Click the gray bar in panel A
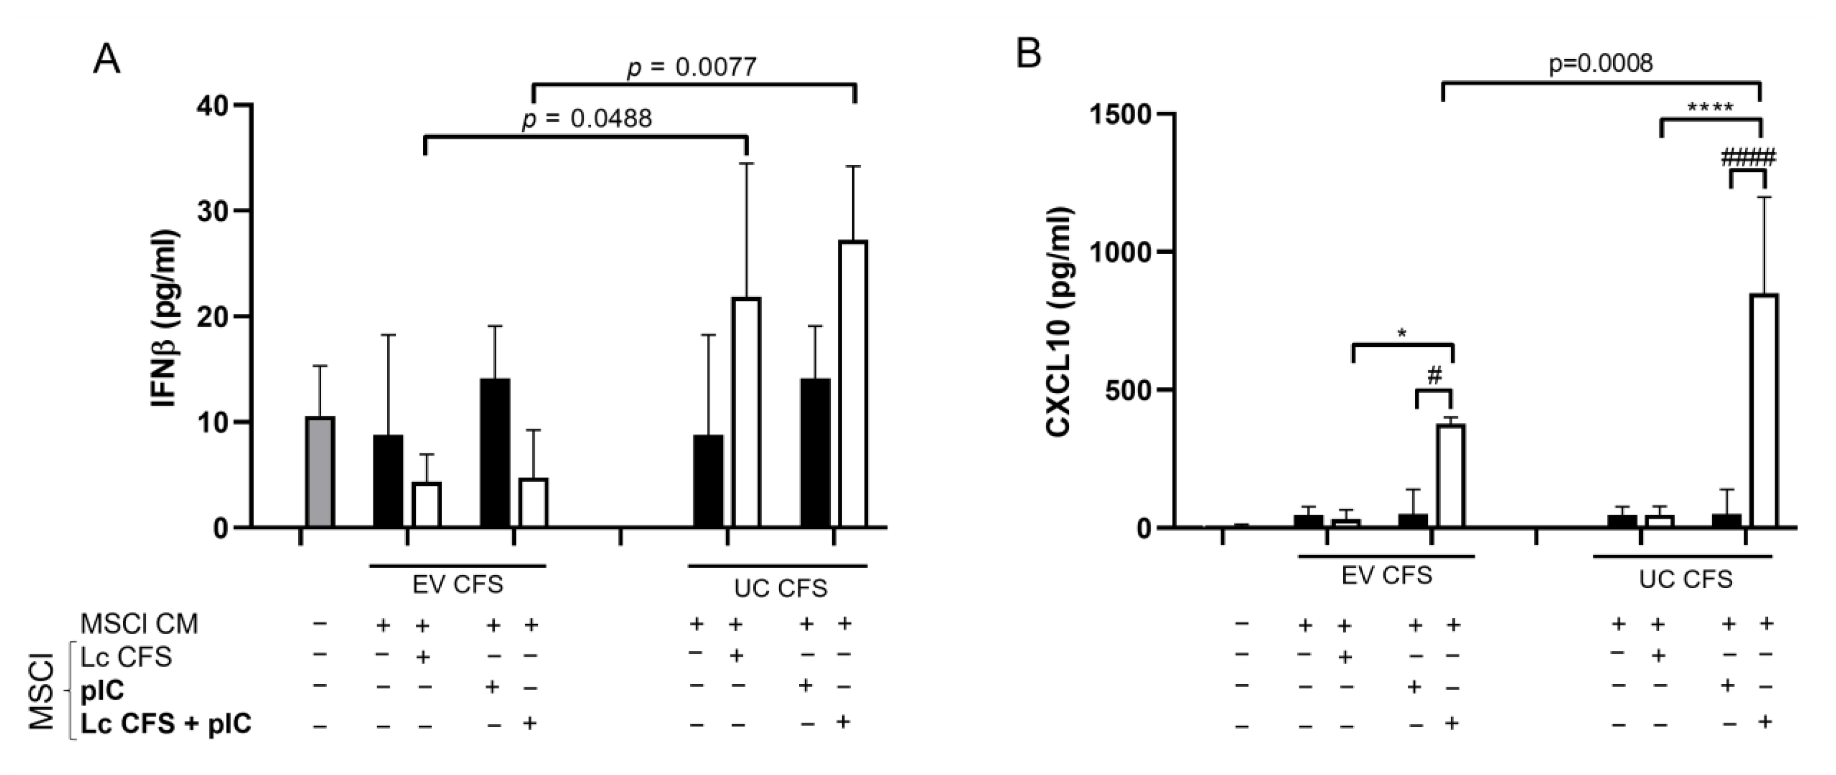[320, 472]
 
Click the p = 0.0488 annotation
[587, 118]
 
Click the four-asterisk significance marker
[1710, 109]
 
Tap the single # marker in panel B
[1434, 376]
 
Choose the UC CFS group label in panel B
[1685, 579]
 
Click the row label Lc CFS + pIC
[165, 724]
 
